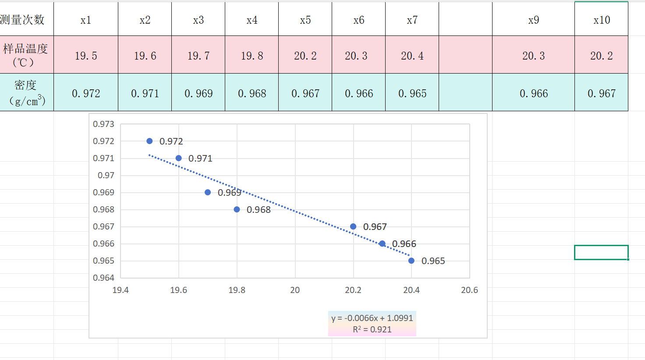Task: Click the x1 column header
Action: pyautogui.click(x=86, y=20)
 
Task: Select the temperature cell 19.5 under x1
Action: pyautogui.click(x=86, y=56)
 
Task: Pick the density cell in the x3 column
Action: pyautogui.click(x=198, y=93)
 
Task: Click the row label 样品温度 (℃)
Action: pyautogui.click(x=25, y=55)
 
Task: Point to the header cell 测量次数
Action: pyautogui.click(x=23, y=20)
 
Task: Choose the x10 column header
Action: pyautogui.click(x=602, y=20)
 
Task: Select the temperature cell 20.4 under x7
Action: pyautogui.click(x=412, y=56)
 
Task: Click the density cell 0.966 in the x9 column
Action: pyautogui.click(x=534, y=93)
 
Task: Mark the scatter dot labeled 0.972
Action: pyautogui.click(x=149, y=141)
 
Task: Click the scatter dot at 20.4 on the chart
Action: pyautogui.click(x=411, y=261)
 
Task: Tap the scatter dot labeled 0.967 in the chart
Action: pyautogui.click(x=353, y=226)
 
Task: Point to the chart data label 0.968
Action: pyautogui.click(x=259, y=210)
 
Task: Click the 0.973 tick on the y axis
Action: pyautogui.click(x=103, y=124)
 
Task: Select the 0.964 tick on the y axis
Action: pyautogui.click(x=103, y=278)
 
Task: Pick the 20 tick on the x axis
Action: pyautogui.click(x=295, y=290)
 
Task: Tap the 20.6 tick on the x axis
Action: pyautogui.click(x=469, y=290)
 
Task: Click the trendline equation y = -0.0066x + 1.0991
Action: pyautogui.click(x=372, y=318)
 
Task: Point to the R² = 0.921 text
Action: pyautogui.click(x=372, y=329)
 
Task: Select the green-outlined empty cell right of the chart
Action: pyautogui.click(x=601, y=252)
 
